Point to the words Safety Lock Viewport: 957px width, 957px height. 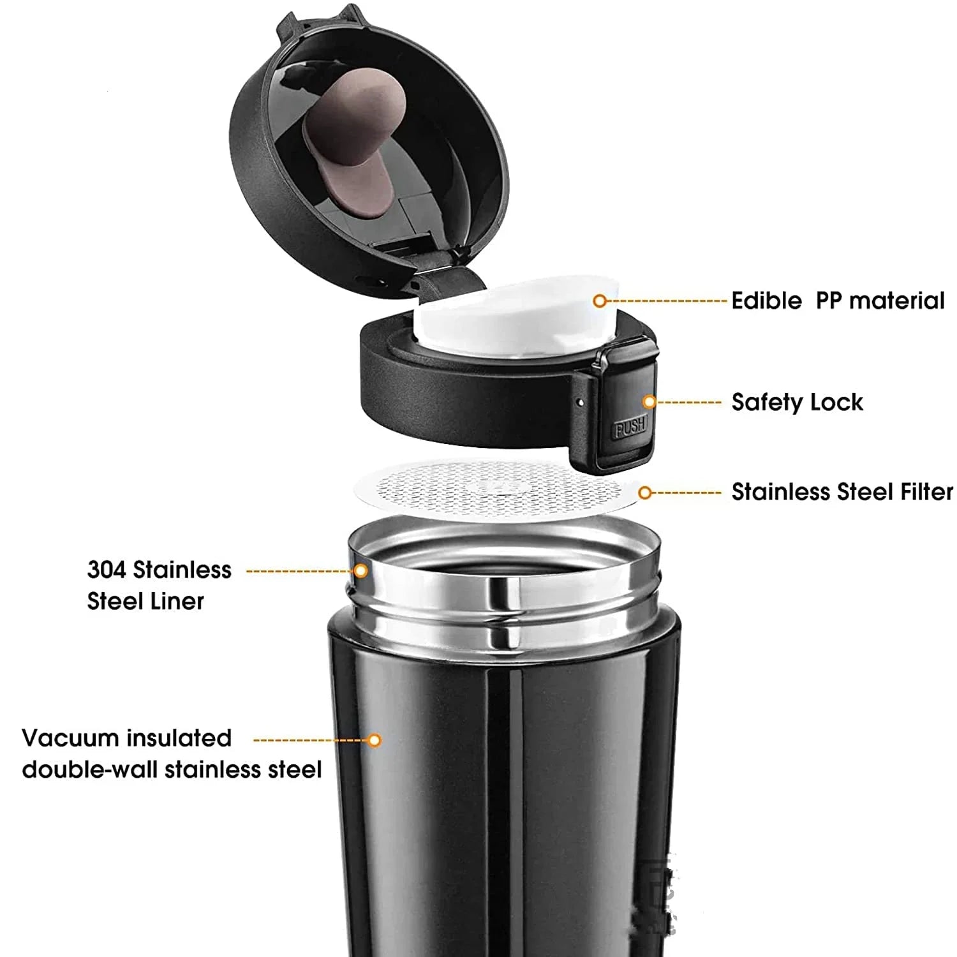(797, 402)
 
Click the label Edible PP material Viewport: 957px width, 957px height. (838, 300)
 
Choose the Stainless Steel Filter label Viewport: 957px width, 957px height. (842, 492)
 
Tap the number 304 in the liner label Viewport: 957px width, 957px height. (107, 570)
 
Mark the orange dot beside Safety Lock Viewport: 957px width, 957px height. (649, 402)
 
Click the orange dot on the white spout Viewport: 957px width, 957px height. (599, 300)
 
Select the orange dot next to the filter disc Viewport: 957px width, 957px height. (645, 493)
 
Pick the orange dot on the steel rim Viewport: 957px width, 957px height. (360, 570)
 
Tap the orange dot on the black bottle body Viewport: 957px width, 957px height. (375, 740)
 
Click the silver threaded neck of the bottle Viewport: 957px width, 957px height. (504, 577)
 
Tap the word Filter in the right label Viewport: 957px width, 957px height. (926, 492)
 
